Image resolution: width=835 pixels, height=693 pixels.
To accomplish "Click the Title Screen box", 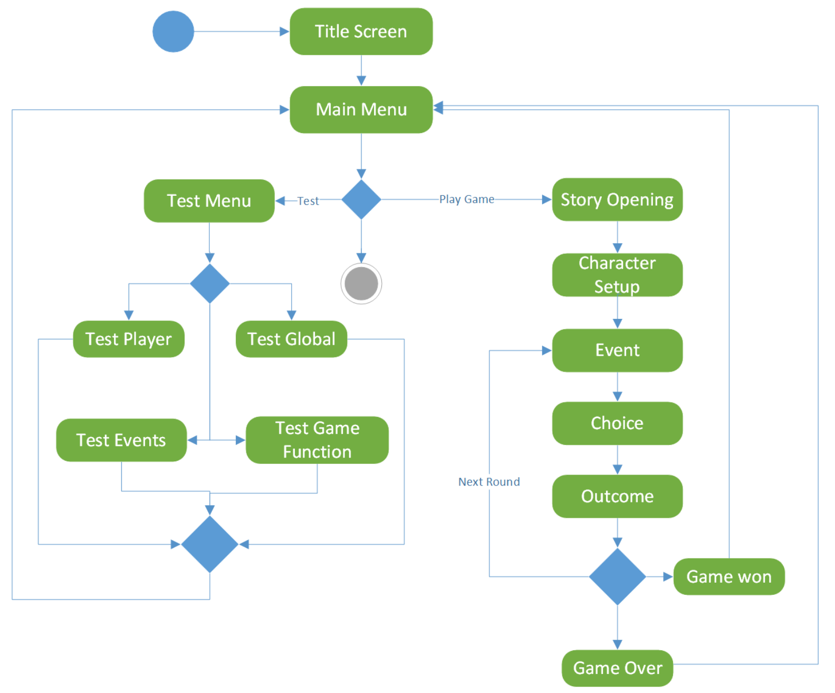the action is point(361,31).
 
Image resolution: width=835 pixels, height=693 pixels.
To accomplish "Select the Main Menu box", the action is point(361,109).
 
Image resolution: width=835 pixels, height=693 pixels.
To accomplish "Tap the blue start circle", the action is point(173,31).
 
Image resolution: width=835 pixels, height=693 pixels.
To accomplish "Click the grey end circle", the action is point(361,283).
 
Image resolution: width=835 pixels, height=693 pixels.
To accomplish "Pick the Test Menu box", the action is point(209,201).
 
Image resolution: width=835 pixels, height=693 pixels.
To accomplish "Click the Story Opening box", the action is point(617,200).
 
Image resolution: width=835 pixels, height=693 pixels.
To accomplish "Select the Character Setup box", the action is point(617,274).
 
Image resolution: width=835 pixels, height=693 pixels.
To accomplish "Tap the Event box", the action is point(617,350).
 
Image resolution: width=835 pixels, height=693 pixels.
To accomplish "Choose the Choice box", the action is point(617,423).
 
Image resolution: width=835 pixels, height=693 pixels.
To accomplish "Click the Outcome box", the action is point(617,496).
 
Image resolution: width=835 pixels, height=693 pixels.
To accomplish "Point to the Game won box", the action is point(728,576).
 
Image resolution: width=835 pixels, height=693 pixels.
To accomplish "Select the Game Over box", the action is point(617,668).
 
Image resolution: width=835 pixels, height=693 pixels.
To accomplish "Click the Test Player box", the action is point(128,339).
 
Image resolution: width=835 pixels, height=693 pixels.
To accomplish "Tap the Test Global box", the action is point(291,339).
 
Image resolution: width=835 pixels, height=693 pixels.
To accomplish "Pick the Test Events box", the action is point(121,440).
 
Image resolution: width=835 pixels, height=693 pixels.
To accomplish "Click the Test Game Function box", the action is point(316,440).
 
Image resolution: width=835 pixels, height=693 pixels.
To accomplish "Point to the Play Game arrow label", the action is point(466,199).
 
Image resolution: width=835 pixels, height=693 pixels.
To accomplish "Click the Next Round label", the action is point(488,481).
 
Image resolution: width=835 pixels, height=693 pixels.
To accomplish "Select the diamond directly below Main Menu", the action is point(361,200).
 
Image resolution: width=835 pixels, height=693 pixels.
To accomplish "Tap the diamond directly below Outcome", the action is point(617,576).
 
